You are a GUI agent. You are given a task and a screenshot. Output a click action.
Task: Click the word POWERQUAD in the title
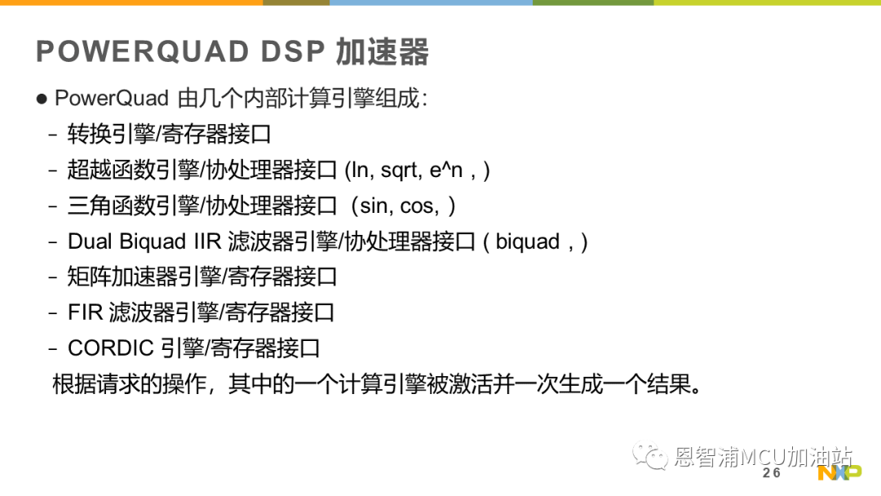(x=142, y=51)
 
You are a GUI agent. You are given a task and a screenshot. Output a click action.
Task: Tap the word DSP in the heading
(x=293, y=51)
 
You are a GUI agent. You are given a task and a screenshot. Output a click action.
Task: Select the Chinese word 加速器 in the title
(x=382, y=51)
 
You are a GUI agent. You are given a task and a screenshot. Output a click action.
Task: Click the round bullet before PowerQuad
(x=42, y=100)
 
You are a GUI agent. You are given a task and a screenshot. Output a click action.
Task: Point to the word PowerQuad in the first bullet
(x=111, y=99)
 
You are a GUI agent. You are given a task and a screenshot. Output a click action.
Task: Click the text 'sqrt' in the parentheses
(x=401, y=170)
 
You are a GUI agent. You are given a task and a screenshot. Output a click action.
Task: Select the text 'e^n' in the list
(x=446, y=170)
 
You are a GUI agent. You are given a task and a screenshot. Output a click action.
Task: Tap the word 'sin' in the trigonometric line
(x=375, y=206)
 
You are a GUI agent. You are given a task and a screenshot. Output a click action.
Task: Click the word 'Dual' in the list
(x=91, y=241)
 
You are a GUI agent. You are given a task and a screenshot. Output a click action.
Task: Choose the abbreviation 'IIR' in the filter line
(x=208, y=241)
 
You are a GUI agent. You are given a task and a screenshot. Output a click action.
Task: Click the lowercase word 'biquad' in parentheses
(x=528, y=242)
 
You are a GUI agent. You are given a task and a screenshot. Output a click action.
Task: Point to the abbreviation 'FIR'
(x=86, y=313)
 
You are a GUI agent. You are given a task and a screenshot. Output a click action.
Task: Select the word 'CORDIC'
(x=111, y=348)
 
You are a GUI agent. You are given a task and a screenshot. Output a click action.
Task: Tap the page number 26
(x=772, y=473)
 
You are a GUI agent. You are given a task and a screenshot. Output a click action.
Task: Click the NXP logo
(x=839, y=473)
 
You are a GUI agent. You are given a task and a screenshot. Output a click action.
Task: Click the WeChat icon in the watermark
(x=650, y=455)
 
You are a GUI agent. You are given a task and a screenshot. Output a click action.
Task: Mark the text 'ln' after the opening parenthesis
(x=359, y=170)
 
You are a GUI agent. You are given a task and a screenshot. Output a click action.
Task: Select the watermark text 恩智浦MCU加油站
(x=763, y=457)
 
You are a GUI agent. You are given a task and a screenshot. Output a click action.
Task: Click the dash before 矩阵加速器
(x=53, y=277)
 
